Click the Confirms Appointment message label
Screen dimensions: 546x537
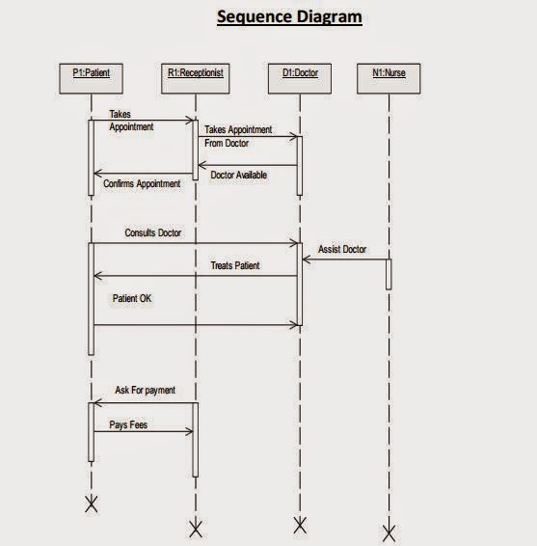click(141, 183)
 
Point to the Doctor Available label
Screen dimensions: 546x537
click(238, 175)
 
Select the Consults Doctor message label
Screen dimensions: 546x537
click(152, 233)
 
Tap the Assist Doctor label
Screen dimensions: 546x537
click(341, 249)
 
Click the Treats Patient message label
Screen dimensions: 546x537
click(234, 265)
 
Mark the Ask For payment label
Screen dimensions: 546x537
click(145, 390)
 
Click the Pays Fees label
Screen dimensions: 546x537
click(128, 423)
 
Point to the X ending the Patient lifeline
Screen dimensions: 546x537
click(92, 505)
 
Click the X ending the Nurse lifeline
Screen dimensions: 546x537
click(389, 532)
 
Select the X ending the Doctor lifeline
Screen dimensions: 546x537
click(299, 525)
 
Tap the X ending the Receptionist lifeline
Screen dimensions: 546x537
click(195, 529)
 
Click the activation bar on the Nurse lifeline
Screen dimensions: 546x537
click(389, 274)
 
